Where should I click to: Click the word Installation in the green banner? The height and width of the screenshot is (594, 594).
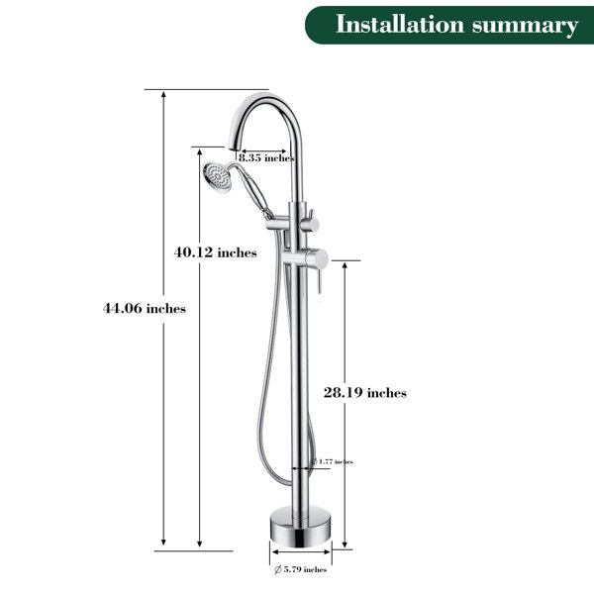point(400,25)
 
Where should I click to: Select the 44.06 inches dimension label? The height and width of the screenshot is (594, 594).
point(145,308)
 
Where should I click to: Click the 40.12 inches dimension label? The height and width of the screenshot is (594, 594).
point(215,252)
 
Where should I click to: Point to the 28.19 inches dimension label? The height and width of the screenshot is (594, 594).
point(364,392)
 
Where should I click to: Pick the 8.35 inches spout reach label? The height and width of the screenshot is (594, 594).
point(266,158)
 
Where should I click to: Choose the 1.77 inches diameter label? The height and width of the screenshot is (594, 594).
point(332,461)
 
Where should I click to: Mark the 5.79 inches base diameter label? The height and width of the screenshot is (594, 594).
point(300,569)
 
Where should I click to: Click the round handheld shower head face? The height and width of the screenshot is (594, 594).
point(216,176)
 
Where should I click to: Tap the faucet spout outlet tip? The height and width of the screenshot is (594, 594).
point(234,147)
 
